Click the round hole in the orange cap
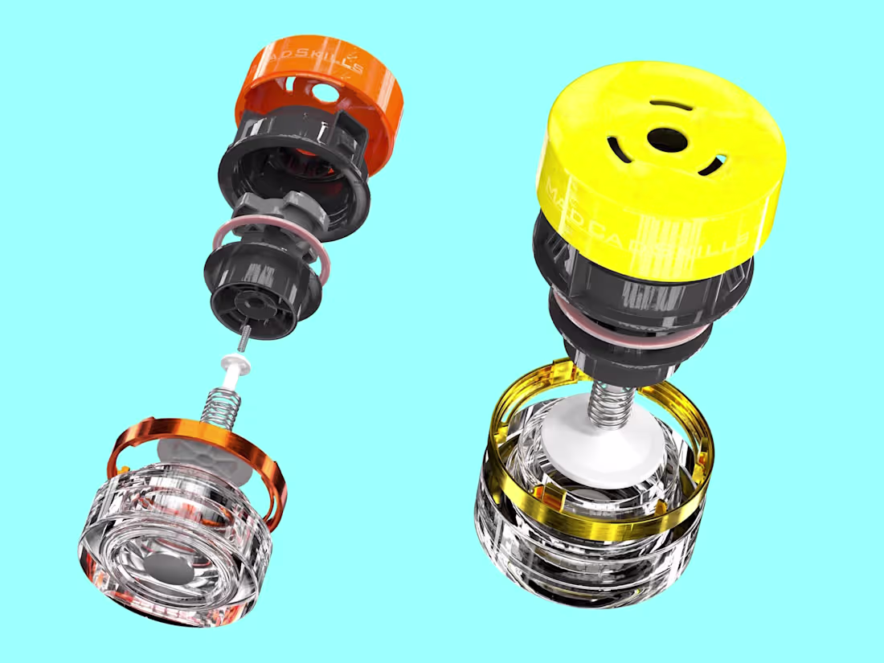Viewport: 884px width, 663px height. pos(328,93)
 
